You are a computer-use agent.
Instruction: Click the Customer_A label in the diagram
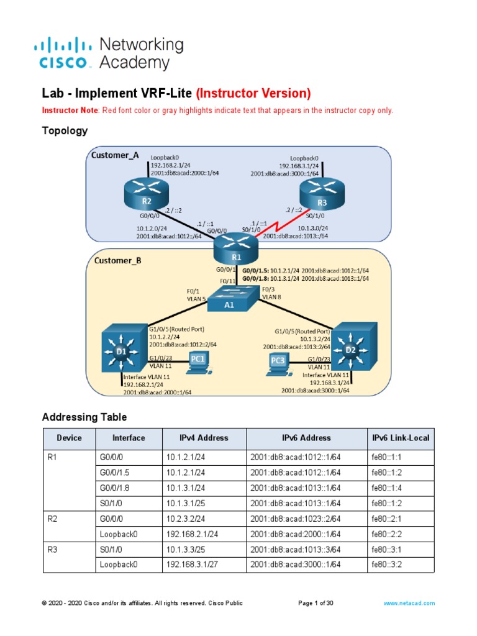pyautogui.click(x=115, y=155)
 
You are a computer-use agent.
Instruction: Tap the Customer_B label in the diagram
pyautogui.click(x=117, y=261)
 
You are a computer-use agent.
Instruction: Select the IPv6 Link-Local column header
pyautogui.click(x=400, y=438)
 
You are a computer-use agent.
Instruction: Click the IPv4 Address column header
pyautogui.click(x=204, y=438)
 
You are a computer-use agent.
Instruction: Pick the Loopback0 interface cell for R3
pyautogui.click(x=118, y=565)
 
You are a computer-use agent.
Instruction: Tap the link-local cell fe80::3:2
pyautogui.click(x=386, y=565)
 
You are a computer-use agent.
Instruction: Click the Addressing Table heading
pyautogui.click(x=84, y=417)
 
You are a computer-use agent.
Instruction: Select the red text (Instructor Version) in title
pyautogui.click(x=253, y=93)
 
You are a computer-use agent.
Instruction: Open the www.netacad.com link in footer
pyautogui.click(x=409, y=603)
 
